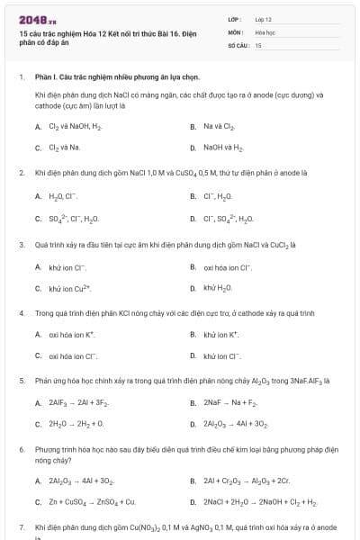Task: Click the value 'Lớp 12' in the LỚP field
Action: (263, 18)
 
